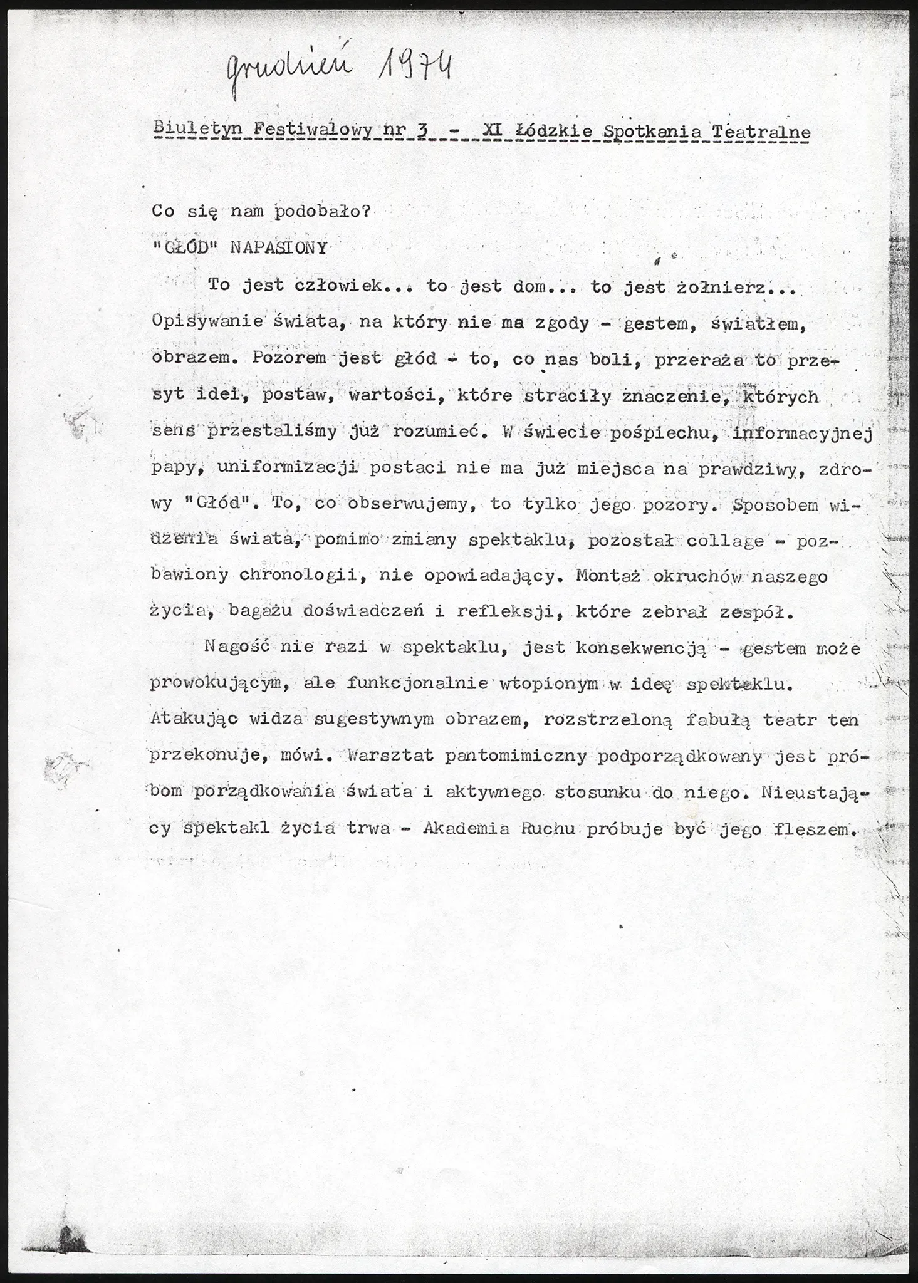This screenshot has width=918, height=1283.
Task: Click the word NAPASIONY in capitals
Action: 279,247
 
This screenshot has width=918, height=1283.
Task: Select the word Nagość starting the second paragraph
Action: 237,647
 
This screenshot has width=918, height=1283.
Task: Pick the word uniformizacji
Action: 288,469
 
